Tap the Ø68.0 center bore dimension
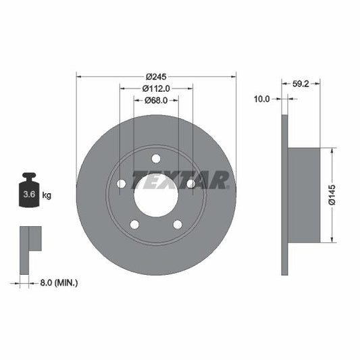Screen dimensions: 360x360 (156, 100)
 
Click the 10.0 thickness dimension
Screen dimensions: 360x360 (261, 99)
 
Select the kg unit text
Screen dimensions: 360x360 (47, 195)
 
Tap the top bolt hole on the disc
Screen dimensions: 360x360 (156, 159)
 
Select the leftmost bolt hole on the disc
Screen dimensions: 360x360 (122, 184)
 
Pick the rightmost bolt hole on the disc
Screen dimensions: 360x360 (191, 184)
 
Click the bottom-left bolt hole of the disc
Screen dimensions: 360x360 (134, 225)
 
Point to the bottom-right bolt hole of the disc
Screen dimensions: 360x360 (178, 225)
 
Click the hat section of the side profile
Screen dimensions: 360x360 (305, 195)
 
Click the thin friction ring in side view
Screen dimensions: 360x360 (284, 195)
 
